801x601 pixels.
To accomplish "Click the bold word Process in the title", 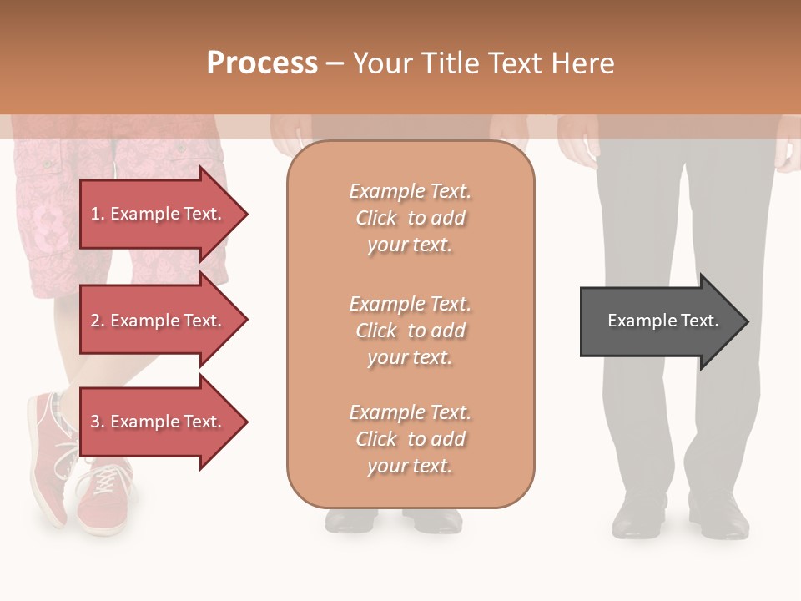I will coord(262,63).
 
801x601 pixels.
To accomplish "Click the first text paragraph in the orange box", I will coord(410,218).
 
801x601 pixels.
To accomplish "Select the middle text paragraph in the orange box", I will coord(410,331).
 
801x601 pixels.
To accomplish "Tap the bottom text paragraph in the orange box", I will coord(410,439).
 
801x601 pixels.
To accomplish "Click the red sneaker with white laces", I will coord(102,492).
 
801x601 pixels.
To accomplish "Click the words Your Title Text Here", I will coord(483,63).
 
